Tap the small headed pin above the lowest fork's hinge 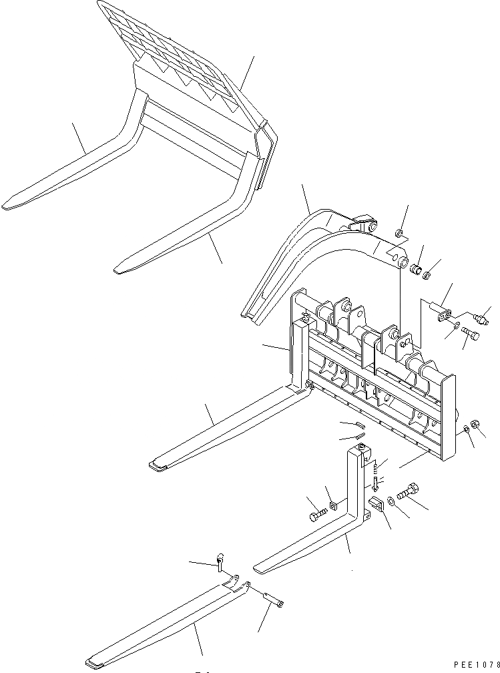(220, 563)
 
